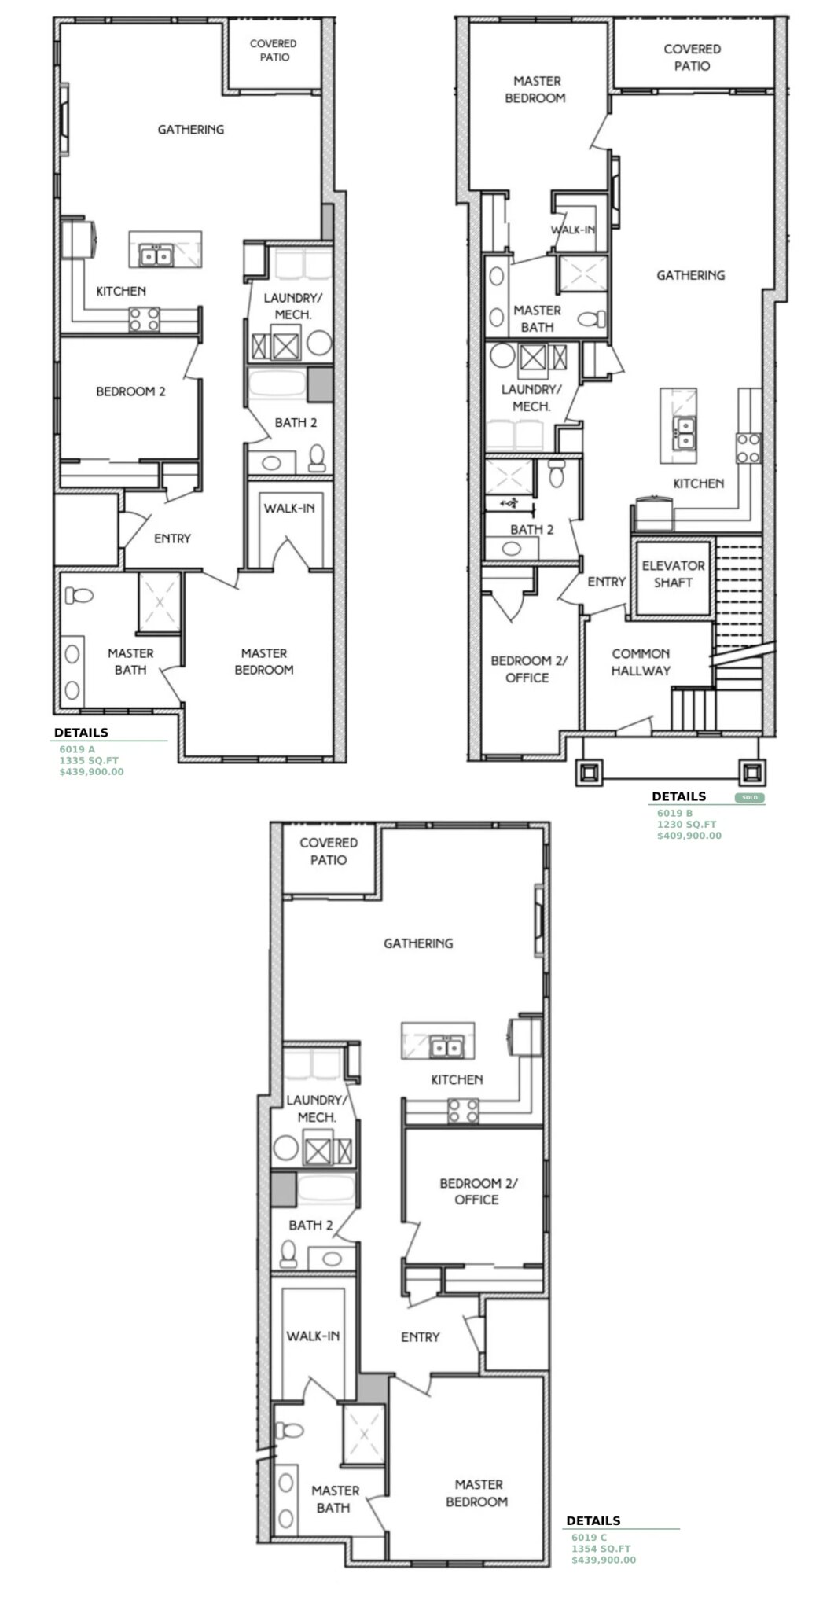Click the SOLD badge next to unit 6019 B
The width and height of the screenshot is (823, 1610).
coord(749,797)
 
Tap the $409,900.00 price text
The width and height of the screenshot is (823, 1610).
coord(689,836)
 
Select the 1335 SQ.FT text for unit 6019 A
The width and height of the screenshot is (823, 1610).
coord(88,761)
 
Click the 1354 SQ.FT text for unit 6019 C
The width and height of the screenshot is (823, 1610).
coord(601,1549)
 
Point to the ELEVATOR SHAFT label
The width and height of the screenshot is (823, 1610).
coord(673,574)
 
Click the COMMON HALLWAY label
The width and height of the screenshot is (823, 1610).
coord(641,662)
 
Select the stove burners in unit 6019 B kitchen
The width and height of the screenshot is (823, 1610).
coord(748,447)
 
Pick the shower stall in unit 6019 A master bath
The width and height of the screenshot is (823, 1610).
coord(160,602)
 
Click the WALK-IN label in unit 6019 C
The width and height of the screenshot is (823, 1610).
coord(313,1336)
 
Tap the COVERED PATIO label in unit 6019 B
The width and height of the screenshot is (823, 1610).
coord(692,57)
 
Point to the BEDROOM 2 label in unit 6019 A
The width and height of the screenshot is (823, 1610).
coord(130,391)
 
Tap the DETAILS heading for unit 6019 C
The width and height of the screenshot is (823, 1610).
coord(593,1520)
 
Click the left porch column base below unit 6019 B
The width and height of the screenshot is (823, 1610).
coord(589,772)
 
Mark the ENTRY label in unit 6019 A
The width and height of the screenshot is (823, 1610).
coord(172,539)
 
